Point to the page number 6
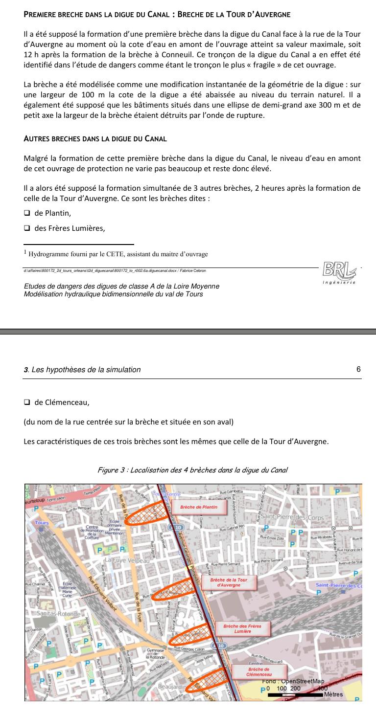click(x=358, y=369)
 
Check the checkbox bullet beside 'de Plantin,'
click(x=27, y=213)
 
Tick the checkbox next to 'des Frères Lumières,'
click(x=27, y=228)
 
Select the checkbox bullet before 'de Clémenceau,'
click(x=27, y=403)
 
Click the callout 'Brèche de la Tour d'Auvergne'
click(x=229, y=582)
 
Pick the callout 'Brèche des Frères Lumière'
click(x=242, y=629)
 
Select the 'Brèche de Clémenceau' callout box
click(x=259, y=671)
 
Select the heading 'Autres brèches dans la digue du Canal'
click(x=95, y=138)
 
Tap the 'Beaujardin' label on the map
click(x=171, y=687)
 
